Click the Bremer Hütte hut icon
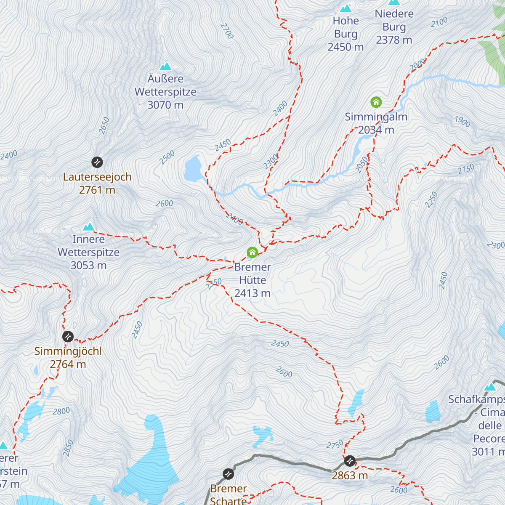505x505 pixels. coord(252,252)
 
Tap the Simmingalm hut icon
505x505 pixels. coord(376,102)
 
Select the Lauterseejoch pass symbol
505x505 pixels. coord(97,162)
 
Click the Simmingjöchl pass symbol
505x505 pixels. coord(68,337)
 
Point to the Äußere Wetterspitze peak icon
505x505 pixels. coord(165,66)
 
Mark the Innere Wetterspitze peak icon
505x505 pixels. coord(88,227)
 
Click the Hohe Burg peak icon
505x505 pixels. coord(346,8)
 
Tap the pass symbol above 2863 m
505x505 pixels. coord(350,461)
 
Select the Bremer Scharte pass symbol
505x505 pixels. coord(228,474)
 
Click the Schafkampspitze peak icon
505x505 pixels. coord(490,387)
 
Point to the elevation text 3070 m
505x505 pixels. coord(165,105)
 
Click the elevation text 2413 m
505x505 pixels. coord(252,293)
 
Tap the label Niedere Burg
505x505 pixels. coord(394,20)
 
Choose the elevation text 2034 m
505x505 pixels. coord(376,130)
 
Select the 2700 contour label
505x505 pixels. coord(226,31)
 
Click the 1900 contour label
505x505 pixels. coord(462,122)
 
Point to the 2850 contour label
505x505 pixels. coord(68,448)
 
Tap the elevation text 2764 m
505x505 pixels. coord(68,364)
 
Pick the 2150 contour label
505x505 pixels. coord(466,169)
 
